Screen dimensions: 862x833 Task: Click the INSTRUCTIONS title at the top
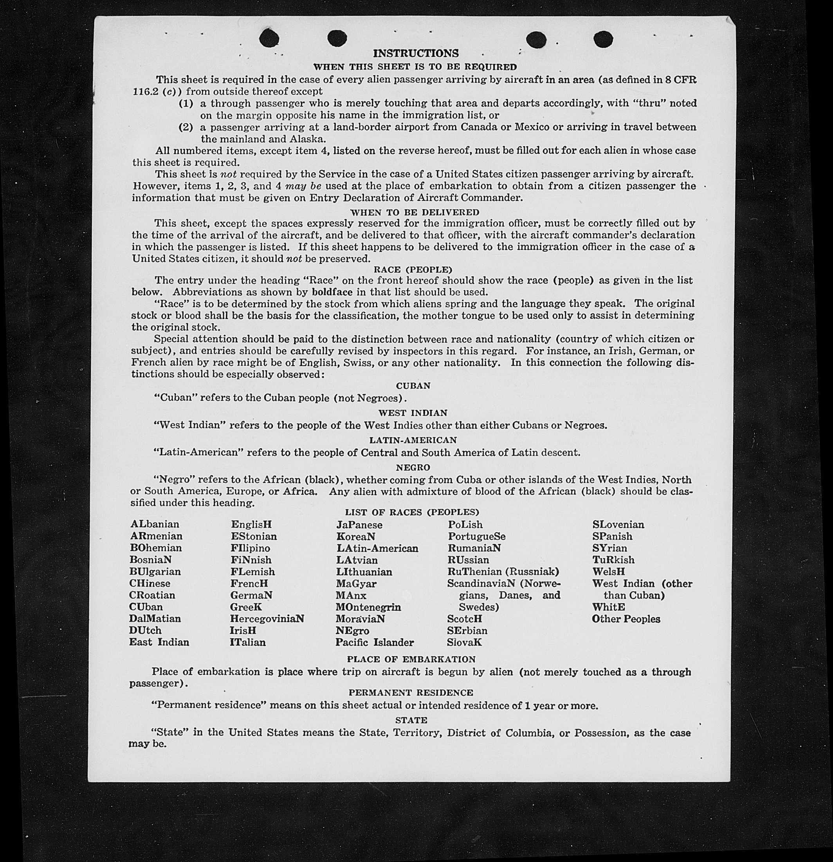[x=415, y=53]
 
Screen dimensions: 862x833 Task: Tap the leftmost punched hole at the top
[x=269, y=38]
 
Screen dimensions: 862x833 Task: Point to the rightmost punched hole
[x=603, y=39]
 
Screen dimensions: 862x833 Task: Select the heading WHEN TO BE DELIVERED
[x=415, y=212]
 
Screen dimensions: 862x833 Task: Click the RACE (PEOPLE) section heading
[x=413, y=269]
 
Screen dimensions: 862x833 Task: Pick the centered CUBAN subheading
[x=413, y=386]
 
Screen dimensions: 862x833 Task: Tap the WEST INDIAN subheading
[x=413, y=413]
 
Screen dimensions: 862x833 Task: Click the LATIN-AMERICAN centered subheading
[x=413, y=440]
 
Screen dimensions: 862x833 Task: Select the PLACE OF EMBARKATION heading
[x=411, y=659]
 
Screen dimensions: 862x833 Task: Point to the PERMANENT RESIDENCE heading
[x=411, y=693]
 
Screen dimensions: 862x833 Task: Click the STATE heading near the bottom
[x=411, y=720]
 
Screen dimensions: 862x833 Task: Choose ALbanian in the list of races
[x=155, y=524]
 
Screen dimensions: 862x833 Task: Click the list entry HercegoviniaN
[x=267, y=618]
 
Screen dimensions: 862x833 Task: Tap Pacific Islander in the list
[x=375, y=642]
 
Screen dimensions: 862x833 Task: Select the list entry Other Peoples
[x=626, y=619]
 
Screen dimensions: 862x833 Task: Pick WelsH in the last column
[x=608, y=572]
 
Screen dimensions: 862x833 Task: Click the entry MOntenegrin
[x=368, y=607]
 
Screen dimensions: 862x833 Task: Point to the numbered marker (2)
[x=186, y=128]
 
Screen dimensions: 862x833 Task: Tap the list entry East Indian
[x=159, y=642]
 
